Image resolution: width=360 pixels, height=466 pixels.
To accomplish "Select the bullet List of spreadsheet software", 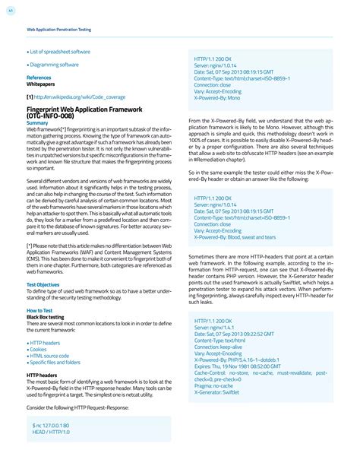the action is [60, 52].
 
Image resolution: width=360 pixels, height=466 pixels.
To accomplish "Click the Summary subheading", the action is [37, 122].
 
